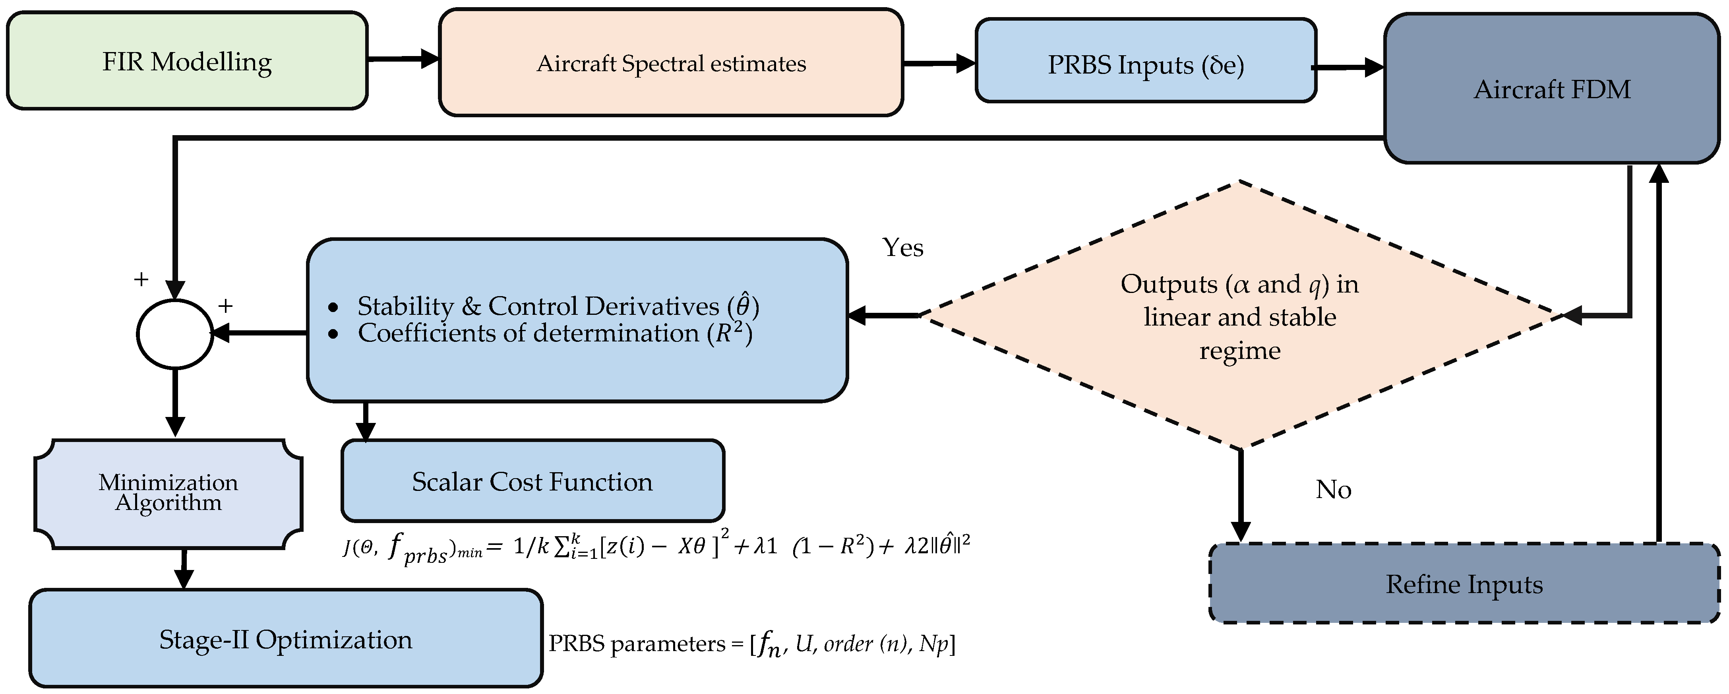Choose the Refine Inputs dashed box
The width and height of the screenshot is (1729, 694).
click(1464, 583)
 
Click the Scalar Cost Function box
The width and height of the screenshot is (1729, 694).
click(532, 481)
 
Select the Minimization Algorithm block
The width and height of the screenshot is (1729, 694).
click(168, 493)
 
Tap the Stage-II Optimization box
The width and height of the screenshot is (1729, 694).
click(285, 639)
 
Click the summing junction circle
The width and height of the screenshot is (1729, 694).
click(174, 333)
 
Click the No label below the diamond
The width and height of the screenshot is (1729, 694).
click(1333, 489)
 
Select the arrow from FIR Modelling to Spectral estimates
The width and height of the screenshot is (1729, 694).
click(403, 59)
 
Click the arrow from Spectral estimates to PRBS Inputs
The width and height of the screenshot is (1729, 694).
click(938, 64)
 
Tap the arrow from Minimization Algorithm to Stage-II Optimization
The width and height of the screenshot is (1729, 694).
click(183, 569)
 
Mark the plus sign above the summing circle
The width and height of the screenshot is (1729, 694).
click(141, 279)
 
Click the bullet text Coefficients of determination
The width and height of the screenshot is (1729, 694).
click(554, 333)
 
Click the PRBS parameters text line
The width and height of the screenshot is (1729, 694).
click(752, 644)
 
